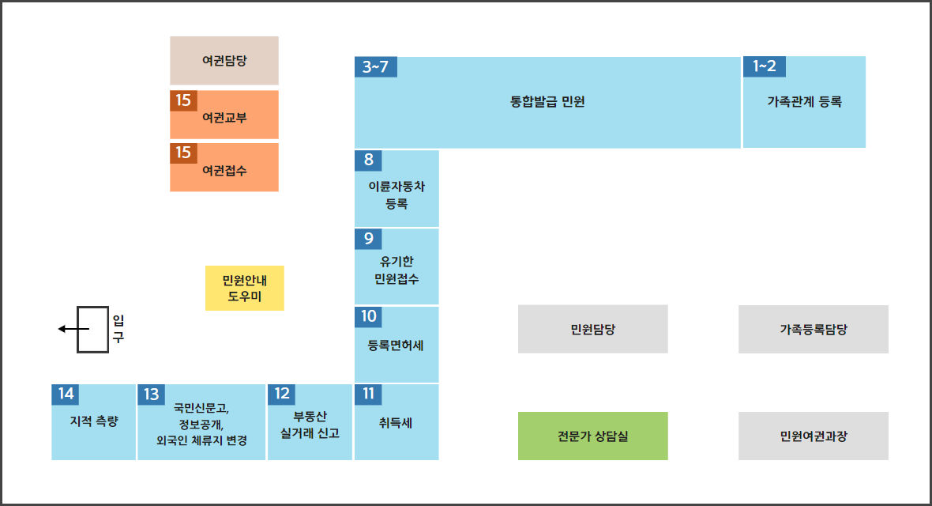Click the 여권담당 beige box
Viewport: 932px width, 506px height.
tap(224, 61)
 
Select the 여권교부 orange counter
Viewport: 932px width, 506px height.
tap(224, 115)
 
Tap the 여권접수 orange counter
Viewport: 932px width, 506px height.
tap(224, 168)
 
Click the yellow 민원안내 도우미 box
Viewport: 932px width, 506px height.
tap(244, 288)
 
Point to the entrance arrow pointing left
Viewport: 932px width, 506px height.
tap(73, 329)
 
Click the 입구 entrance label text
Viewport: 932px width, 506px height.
tap(118, 329)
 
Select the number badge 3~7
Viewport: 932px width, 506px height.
tap(376, 67)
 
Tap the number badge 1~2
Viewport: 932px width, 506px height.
tap(765, 66)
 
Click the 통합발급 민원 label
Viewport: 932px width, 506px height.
tap(547, 102)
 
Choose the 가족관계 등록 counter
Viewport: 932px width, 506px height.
tap(804, 102)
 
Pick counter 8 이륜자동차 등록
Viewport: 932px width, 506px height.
tap(396, 189)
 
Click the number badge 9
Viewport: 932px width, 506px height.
tap(369, 239)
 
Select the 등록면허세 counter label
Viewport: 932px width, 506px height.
tap(396, 346)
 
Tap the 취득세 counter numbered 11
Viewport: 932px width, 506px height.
tap(396, 422)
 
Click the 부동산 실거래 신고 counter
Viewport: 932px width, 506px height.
tap(310, 422)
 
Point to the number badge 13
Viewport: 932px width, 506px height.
tap(151, 394)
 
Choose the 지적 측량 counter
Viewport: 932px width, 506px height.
tap(93, 422)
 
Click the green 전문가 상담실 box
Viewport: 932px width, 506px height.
tap(592, 436)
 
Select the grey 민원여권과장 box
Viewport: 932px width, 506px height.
tap(813, 436)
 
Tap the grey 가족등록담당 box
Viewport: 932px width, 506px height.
tap(813, 329)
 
